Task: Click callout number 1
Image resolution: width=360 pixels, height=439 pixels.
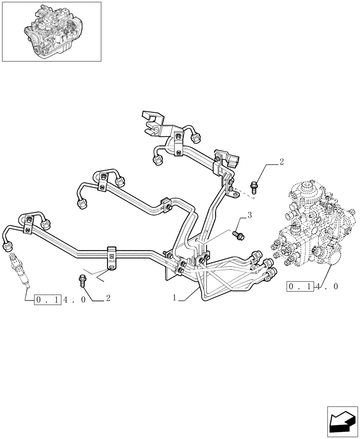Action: tap(175, 298)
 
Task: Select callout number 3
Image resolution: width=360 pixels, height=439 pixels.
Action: tap(249, 215)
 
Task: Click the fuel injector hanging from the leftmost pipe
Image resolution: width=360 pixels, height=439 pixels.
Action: tap(18, 268)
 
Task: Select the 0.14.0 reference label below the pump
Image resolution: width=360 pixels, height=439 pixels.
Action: tap(313, 287)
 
